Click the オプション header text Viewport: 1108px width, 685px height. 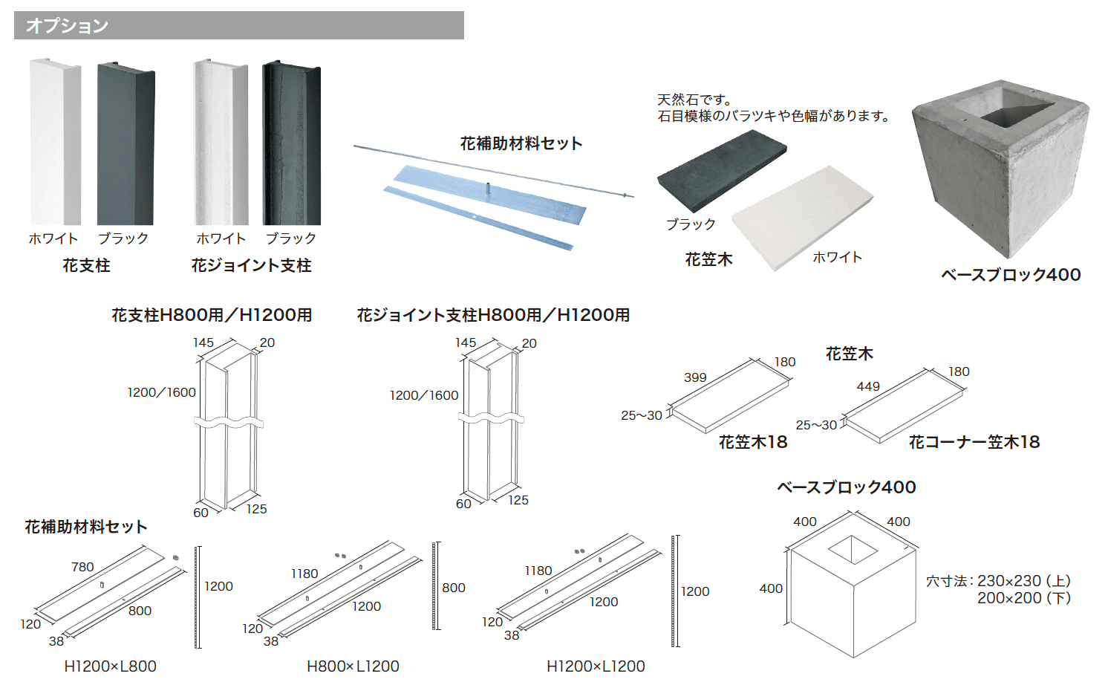(x=67, y=25)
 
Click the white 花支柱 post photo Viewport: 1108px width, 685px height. (x=54, y=141)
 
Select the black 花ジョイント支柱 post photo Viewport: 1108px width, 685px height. (x=292, y=143)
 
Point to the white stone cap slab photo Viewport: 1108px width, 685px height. (x=802, y=216)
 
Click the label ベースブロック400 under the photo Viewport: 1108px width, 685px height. (x=1011, y=275)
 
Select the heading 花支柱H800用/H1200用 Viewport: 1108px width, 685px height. (x=212, y=315)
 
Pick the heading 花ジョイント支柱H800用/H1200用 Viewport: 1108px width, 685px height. (x=493, y=315)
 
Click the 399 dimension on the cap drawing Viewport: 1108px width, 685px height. (x=695, y=377)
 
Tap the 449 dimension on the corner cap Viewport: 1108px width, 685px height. (x=868, y=386)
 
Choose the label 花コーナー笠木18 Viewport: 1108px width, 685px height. (x=974, y=442)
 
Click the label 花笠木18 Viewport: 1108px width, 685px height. (x=752, y=442)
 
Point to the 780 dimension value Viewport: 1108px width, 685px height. (x=82, y=567)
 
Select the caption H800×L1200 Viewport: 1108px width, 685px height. (x=353, y=666)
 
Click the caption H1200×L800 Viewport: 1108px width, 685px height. (x=110, y=666)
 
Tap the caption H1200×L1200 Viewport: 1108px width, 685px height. (x=596, y=666)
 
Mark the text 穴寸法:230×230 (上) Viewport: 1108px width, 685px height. (x=998, y=581)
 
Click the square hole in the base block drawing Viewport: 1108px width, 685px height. (x=853, y=551)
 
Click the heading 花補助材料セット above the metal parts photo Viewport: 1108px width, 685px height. (x=521, y=143)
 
